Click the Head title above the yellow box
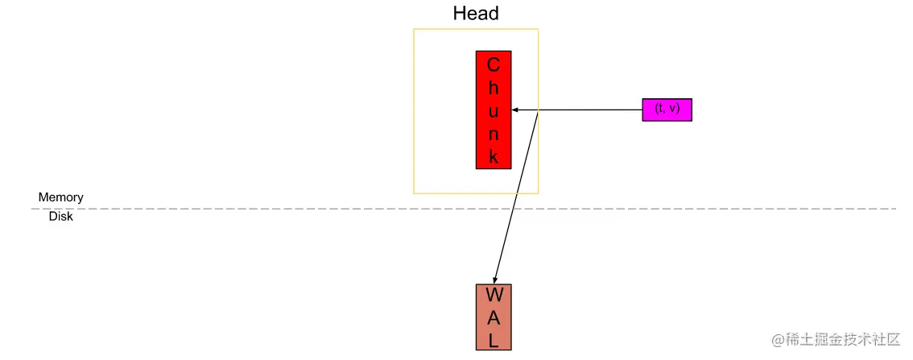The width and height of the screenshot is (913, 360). click(476, 14)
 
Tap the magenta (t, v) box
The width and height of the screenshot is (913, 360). click(667, 109)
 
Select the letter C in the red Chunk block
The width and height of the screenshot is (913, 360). click(494, 64)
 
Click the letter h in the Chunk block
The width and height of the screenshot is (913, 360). click(494, 87)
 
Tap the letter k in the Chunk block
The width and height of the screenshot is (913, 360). click(494, 156)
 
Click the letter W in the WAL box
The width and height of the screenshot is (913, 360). click(494, 295)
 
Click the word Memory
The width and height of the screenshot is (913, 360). click(60, 197)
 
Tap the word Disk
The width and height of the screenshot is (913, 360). click(60, 217)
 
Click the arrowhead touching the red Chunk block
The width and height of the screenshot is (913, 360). click(515, 110)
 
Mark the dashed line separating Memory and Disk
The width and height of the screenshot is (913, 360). click(242, 209)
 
